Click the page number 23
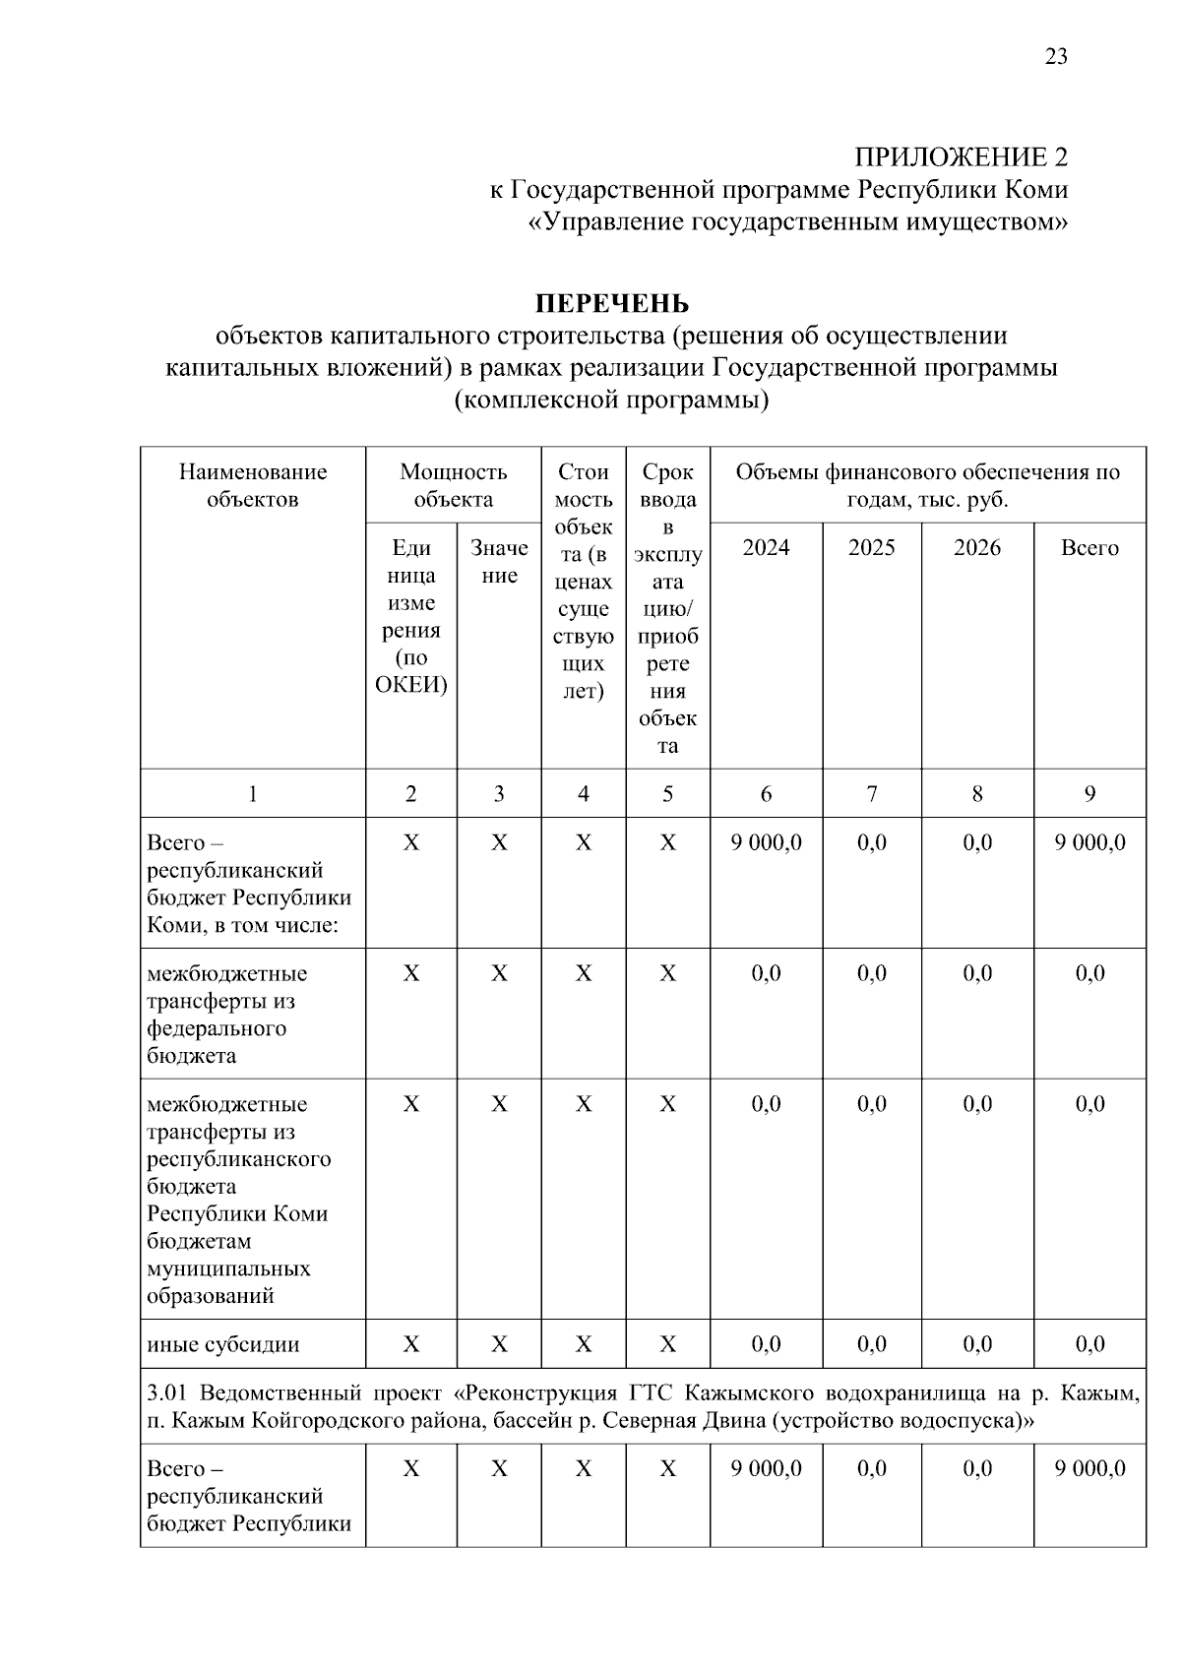(1055, 56)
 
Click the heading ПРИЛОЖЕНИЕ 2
(961, 156)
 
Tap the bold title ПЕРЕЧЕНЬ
(611, 302)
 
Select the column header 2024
(766, 548)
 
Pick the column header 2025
(872, 548)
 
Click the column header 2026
(977, 548)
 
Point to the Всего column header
(1089, 548)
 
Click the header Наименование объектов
(253, 486)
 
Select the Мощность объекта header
(453, 486)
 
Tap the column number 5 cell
(667, 794)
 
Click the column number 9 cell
(1089, 794)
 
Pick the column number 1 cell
(253, 794)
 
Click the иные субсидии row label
(223, 1344)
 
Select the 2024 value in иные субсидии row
(766, 1344)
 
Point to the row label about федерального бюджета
(227, 1015)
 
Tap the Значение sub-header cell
(499, 562)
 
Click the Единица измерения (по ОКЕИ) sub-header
(411, 616)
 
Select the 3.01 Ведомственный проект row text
(643, 1407)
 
